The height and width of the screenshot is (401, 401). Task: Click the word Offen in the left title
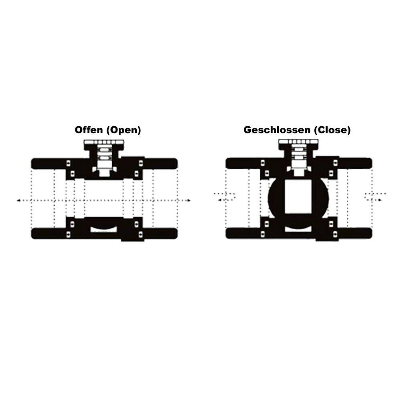[89, 130]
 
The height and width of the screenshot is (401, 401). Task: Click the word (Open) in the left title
[124, 130]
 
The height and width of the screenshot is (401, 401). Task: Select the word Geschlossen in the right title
[277, 130]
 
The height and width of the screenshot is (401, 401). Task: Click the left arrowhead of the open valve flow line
[18, 200]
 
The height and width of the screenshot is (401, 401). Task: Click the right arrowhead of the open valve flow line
[189, 200]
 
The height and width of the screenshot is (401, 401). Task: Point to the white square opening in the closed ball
[298, 196]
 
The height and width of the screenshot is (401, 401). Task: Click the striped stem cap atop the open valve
[104, 142]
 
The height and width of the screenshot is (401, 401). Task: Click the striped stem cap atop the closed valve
[298, 142]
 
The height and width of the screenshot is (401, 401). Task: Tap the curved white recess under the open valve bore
[103, 229]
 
